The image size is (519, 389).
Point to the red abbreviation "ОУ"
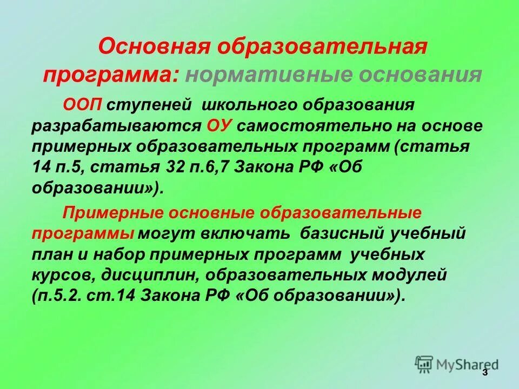click(x=219, y=125)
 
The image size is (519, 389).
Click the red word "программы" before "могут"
click(x=83, y=233)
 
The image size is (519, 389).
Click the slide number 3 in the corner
click(x=484, y=373)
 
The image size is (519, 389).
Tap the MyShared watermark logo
click(x=457, y=364)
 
